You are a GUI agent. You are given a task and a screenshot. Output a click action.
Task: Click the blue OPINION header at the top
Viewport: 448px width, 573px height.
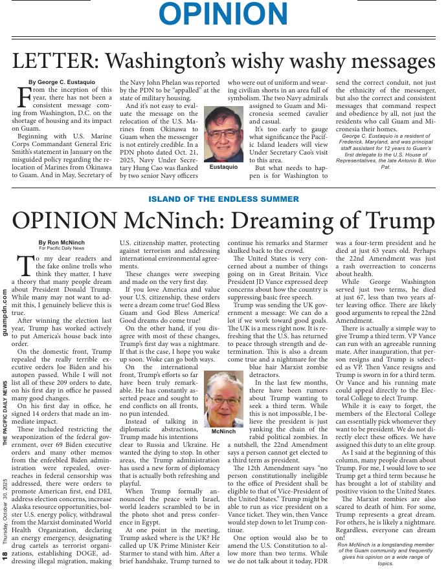(223, 15)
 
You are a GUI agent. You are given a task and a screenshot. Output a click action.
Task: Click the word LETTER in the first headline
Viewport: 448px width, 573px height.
(54, 61)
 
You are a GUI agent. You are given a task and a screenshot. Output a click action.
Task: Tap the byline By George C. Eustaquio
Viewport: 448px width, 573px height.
(62, 82)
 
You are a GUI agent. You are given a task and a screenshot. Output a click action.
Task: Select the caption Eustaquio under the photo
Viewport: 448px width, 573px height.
(223, 168)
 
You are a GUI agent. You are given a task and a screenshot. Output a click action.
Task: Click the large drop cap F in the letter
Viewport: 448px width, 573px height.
(23, 97)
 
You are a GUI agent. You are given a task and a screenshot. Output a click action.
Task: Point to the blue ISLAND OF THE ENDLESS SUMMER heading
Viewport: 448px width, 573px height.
(223, 199)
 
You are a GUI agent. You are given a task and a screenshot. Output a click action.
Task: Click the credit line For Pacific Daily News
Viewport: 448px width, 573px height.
(61, 248)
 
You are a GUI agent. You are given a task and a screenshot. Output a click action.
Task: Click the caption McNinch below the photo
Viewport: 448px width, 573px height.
(223, 431)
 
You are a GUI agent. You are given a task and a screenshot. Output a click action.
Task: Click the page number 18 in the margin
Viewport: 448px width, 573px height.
(5, 557)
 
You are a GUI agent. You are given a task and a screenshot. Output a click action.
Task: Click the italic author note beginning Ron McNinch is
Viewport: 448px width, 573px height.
(385, 554)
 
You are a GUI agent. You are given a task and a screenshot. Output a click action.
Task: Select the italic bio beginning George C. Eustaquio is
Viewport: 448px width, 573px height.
(385, 151)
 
